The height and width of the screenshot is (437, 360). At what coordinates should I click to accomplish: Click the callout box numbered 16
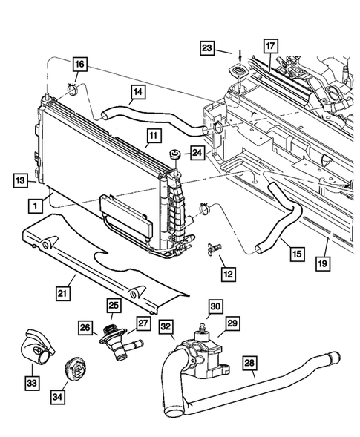coord(79,65)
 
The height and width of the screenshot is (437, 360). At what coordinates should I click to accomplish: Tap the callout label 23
coord(207,50)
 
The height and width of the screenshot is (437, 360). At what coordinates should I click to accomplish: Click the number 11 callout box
coord(153,137)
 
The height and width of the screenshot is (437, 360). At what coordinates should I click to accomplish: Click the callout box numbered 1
coord(35,204)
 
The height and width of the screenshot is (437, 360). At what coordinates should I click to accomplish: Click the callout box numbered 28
coord(249,364)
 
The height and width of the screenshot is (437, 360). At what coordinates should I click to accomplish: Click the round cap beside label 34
coord(73,368)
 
